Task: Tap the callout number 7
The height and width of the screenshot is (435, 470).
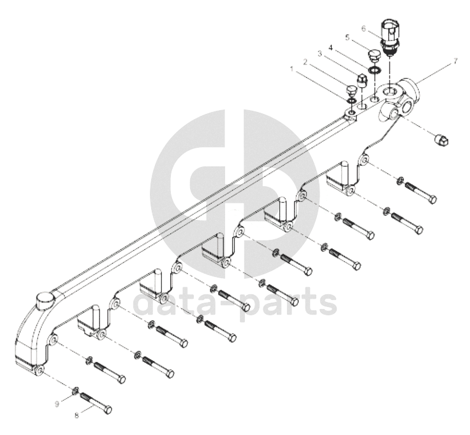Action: coord(455,61)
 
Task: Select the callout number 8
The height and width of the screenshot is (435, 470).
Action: coord(77,415)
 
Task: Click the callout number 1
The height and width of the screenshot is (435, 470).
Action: coord(292,69)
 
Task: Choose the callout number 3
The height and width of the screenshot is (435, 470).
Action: coord(320,54)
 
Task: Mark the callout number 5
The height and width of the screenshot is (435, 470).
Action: coord(347,38)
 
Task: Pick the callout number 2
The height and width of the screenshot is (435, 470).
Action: coord(306,62)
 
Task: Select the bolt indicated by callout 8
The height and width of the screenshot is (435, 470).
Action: coord(96,404)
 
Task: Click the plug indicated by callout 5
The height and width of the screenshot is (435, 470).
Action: coord(373,56)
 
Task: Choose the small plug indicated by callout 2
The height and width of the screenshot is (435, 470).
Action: coord(350,92)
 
